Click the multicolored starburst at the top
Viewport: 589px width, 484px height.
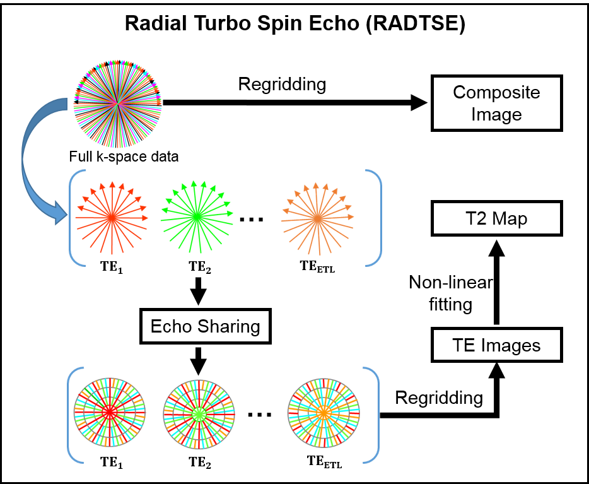coord(117,103)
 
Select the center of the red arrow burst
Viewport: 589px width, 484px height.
coord(112,218)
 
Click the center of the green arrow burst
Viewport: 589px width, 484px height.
coord(197,216)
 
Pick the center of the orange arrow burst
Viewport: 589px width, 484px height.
coord(317,218)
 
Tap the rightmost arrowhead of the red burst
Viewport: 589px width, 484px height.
coord(146,218)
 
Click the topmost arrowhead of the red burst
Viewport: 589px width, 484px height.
coord(112,184)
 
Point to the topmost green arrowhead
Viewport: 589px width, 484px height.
coord(194,183)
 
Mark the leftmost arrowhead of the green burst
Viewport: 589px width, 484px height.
coord(164,210)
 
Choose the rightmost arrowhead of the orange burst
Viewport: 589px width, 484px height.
coord(351,216)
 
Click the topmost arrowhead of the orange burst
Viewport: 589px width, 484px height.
coord(316,185)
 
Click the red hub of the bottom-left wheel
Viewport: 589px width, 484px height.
coord(110,412)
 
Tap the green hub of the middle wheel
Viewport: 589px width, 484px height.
coord(199,414)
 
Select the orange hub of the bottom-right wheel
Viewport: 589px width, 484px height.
coord(324,412)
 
